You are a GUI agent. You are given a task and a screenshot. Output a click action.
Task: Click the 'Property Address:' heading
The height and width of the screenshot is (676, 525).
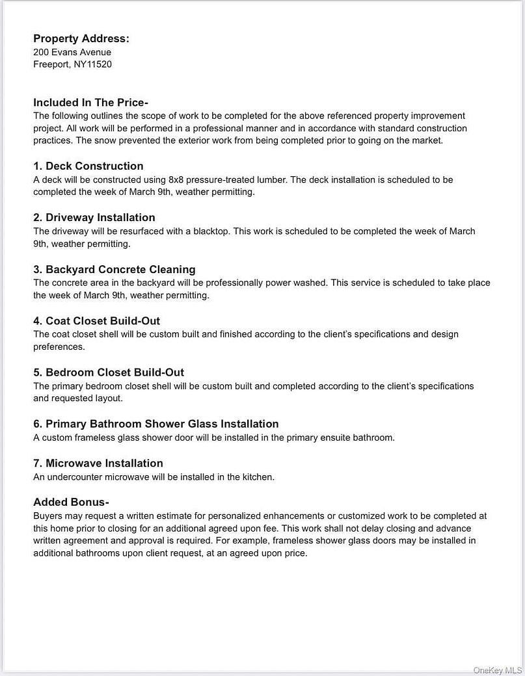(x=81, y=39)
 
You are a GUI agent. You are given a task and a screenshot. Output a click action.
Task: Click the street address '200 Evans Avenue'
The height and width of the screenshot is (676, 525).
(x=72, y=52)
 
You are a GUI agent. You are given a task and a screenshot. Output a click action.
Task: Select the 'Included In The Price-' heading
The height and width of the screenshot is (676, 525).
(x=91, y=103)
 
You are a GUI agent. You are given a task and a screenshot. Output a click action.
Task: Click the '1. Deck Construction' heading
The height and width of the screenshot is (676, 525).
(x=88, y=166)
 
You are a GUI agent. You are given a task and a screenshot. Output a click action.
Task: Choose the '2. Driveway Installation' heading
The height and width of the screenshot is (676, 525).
(x=94, y=218)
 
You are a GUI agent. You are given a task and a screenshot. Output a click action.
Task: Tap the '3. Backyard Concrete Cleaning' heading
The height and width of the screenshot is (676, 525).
(x=114, y=270)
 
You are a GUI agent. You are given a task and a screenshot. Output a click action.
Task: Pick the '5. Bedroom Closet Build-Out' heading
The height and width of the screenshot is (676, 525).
(x=109, y=372)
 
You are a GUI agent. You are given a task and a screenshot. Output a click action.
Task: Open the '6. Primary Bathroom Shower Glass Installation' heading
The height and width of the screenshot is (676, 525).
(x=156, y=424)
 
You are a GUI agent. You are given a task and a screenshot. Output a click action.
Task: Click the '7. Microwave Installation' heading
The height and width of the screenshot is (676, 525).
(x=98, y=463)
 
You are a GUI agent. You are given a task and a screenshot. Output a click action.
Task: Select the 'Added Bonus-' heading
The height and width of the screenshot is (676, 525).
(x=71, y=502)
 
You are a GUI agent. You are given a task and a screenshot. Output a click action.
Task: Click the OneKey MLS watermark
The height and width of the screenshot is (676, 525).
(x=497, y=669)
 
